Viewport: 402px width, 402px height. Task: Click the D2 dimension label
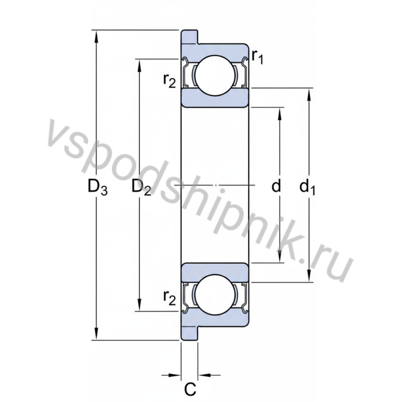click(x=141, y=188)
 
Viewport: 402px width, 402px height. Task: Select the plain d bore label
click(x=276, y=187)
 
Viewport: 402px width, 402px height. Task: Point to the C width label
click(x=189, y=388)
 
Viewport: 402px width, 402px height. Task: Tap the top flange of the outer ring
click(x=189, y=37)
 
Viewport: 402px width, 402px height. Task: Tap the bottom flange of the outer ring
click(x=189, y=334)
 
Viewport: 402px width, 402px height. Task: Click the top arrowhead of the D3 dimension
click(x=96, y=35)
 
